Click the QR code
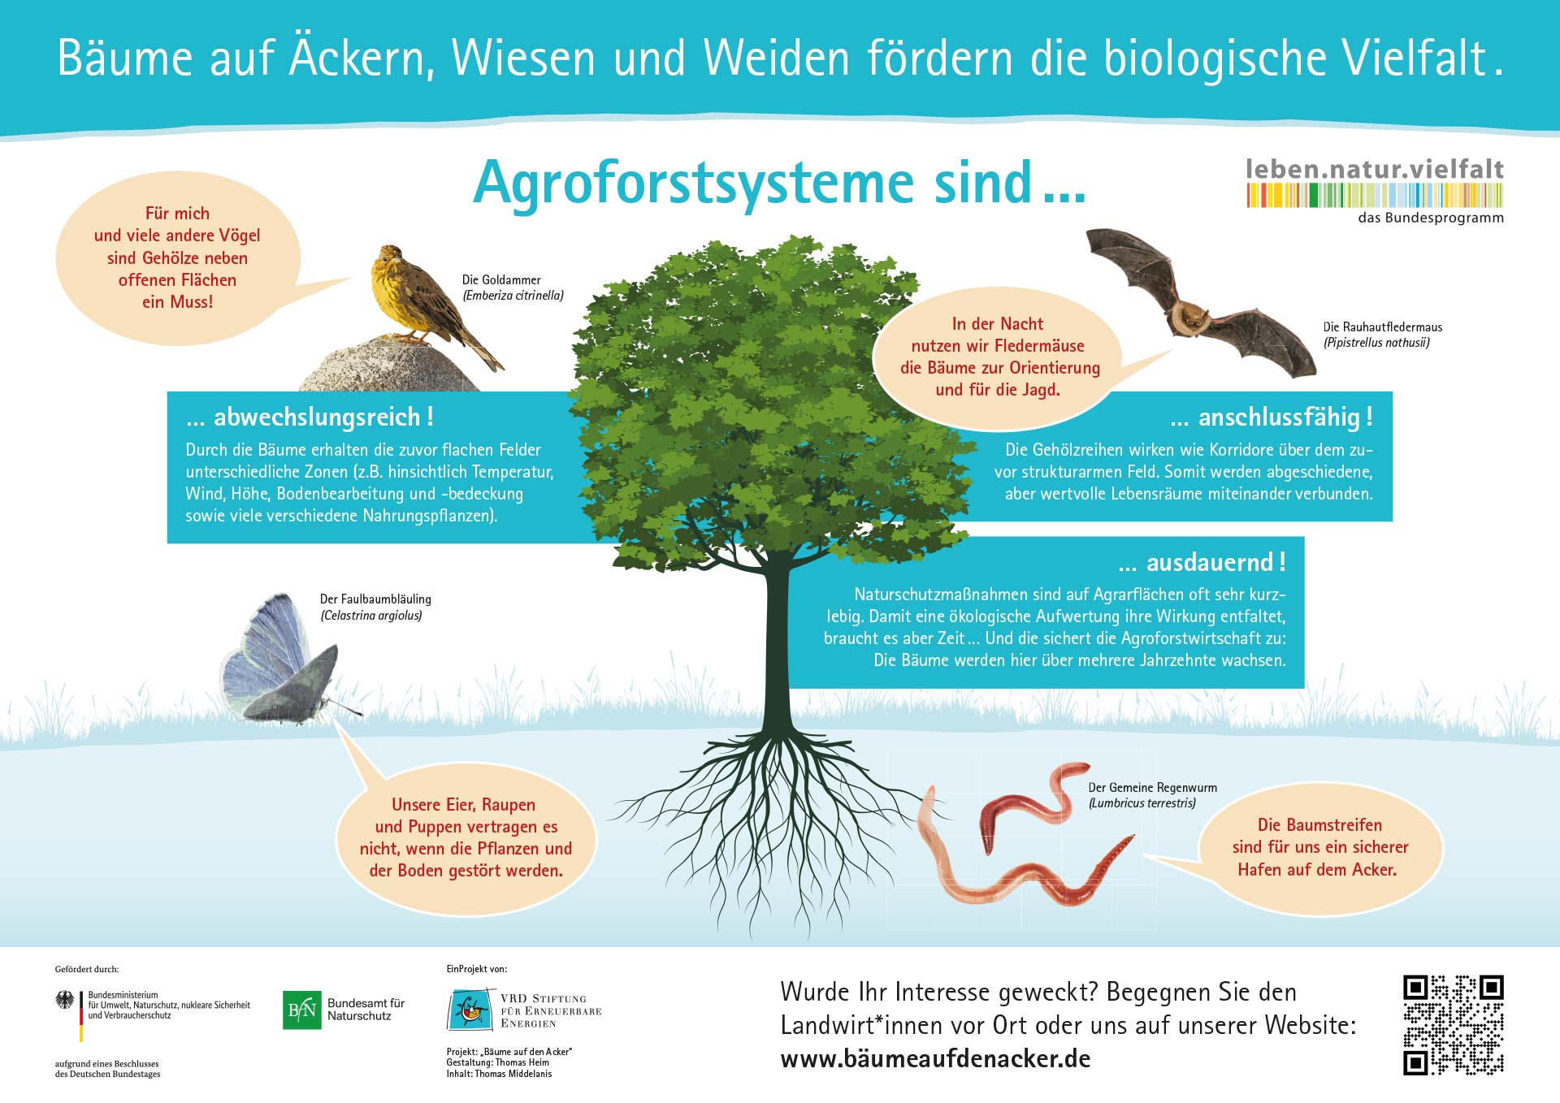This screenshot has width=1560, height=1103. (x=1454, y=1024)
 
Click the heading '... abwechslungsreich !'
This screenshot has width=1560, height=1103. (x=310, y=417)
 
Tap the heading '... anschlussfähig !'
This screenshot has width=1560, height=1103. (x=1272, y=417)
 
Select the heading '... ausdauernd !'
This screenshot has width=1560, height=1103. (x=1202, y=562)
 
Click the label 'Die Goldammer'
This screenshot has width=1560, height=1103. (x=501, y=279)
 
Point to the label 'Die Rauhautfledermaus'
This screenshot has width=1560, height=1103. (x=1383, y=327)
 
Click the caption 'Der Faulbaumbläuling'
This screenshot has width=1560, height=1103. (x=375, y=599)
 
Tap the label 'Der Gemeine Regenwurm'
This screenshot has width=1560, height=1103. (x=1153, y=787)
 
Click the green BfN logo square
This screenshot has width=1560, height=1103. (x=302, y=1010)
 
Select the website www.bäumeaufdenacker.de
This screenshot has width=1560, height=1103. (x=935, y=1059)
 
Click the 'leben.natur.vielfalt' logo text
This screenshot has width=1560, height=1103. (x=1375, y=169)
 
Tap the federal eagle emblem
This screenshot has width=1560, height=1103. (x=65, y=1000)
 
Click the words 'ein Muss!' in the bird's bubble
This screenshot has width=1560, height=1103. (x=177, y=302)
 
